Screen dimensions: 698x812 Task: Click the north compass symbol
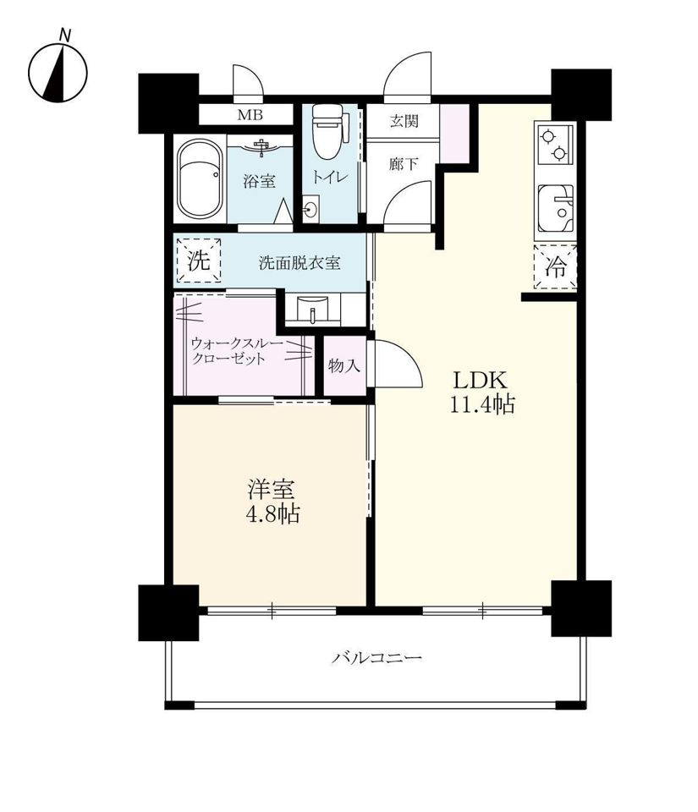click(58, 71)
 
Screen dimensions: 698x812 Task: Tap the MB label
click(250, 114)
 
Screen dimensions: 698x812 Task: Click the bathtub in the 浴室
click(200, 179)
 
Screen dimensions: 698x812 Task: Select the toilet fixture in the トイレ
click(327, 132)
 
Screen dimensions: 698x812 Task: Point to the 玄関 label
click(404, 121)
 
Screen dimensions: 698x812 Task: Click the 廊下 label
click(404, 164)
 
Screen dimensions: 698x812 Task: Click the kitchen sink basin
click(556, 209)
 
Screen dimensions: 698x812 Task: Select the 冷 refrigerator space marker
click(555, 267)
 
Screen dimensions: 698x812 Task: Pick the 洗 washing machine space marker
click(199, 261)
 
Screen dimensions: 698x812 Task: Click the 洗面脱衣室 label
click(300, 263)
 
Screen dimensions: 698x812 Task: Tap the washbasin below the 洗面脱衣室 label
click(313, 310)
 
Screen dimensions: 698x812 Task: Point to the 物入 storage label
click(344, 366)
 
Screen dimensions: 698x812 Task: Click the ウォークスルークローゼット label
click(237, 351)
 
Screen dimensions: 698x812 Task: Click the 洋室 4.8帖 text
click(272, 502)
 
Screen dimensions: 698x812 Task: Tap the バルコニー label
click(377, 658)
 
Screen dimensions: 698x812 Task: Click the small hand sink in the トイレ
click(311, 209)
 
